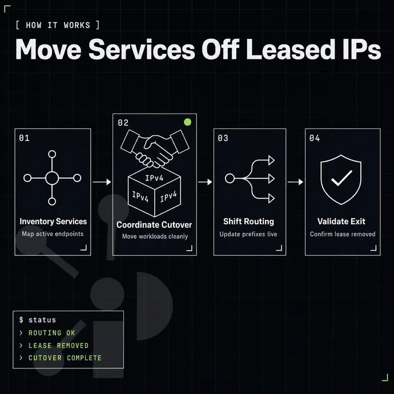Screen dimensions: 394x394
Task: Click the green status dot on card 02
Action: click(187, 122)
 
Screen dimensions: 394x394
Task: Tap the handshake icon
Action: click(155, 148)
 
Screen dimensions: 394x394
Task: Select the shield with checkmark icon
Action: click(341, 179)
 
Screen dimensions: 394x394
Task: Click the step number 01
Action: click(25, 138)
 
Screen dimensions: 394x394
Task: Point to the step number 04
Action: click(315, 138)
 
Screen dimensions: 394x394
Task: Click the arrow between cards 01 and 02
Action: click(102, 182)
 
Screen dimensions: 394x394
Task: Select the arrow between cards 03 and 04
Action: click(295, 182)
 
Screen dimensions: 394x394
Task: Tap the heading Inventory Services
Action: click(53, 222)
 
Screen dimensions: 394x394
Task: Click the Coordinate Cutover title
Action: click(154, 224)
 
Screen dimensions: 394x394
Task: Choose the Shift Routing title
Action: click(248, 222)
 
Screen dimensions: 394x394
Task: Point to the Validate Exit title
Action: click(341, 222)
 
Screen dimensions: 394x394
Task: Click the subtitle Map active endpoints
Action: click(53, 234)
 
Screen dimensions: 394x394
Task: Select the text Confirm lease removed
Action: click(343, 234)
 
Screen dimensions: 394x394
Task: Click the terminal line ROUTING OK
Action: click(52, 333)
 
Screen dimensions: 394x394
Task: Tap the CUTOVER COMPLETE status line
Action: click(65, 358)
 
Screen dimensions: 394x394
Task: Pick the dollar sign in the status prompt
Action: click(21, 320)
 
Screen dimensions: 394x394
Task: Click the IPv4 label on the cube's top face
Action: click(154, 178)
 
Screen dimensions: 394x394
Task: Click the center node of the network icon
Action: click(52, 178)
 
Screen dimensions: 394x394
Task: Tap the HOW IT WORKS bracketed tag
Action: click(58, 25)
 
